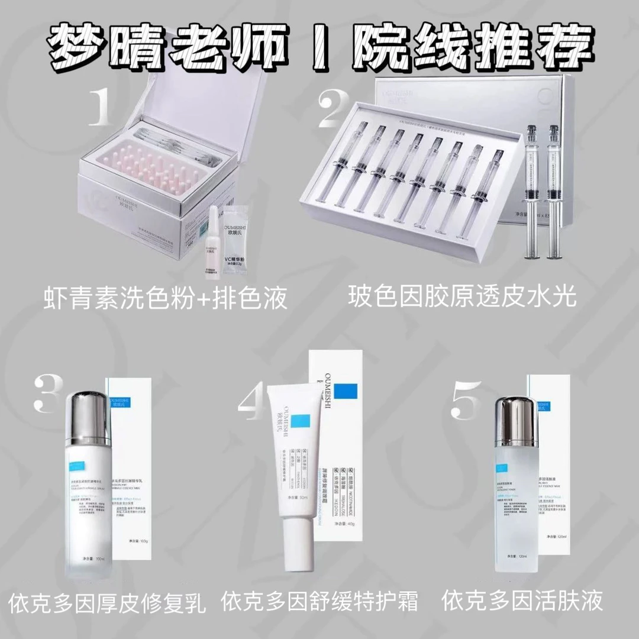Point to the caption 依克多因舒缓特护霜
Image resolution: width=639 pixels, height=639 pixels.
(x=319, y=602)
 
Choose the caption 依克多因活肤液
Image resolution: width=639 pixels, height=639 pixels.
(x=523, y=601)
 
